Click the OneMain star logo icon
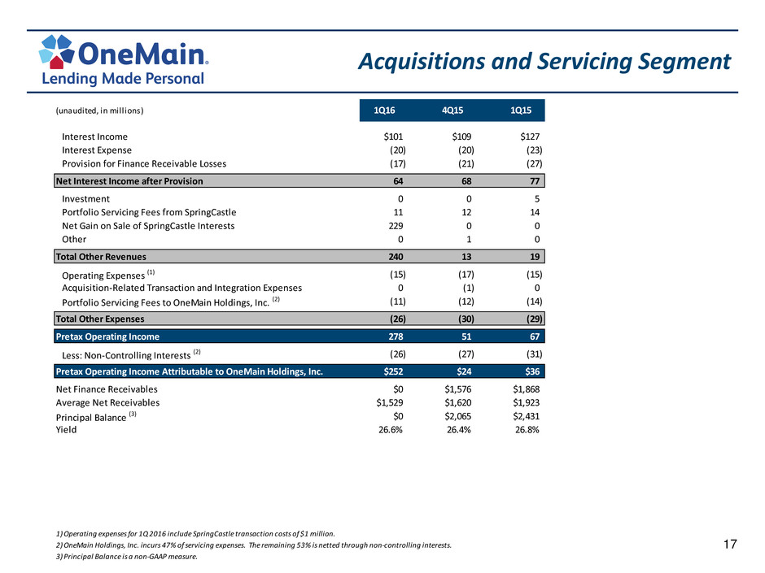pyautogui.click(x=56, y=51)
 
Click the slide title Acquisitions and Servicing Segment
pyautogui.click(x=544, y=62)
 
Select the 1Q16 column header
pyautogui.click(x=384, y=111)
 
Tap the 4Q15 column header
pyautogui.click(x=452, y=111)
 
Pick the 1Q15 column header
pyautogui.click(x=521, y=111)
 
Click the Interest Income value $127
pyautogui.click(x=530, y=137)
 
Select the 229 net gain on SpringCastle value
pyautogui.click(x=396, y=226)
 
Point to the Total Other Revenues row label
pyautogui.click(x=101, y=257)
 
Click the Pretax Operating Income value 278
pyautogui.click(x=396, y=336)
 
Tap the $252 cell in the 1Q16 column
pyautogui.click(x=393, y=371)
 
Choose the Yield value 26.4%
pyautogui.click(x=459, y=430)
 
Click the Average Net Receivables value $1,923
pyautogui.click(x=526, y=403)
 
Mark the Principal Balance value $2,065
pyautogui.click(x=457, y=416)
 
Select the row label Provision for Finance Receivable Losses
pyautogui.click(x=144, y=163)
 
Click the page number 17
pyautogui.click(x=730, y=545)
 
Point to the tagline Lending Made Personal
pyautogui.click(x=123, y=79)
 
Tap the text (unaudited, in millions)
pyautogui.click(x=99, y=111)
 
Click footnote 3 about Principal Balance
pyautogui.click(x=127, y=557)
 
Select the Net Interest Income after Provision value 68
pyautogui.click(x=466, y=181)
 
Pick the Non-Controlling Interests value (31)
pyautogui.click(x=534, y=354)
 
